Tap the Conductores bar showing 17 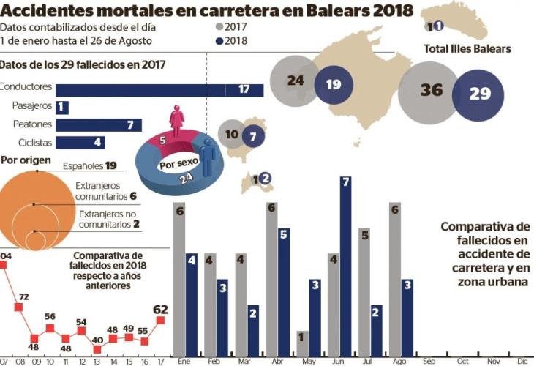click(x=159, y=89)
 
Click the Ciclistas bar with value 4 click(x=80, y=143)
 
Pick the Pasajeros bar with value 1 click(x=62, y=108)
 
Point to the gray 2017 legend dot click(x=219, y=28)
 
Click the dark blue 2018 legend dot click(x=219, y=41)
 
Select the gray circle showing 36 click(x=431, y=90)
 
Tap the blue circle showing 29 click(x=480, y=93)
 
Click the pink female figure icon click(x=177, y=122)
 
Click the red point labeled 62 click(x=160, y=320)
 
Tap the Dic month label click(x=522, y=361)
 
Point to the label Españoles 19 click(x=90, y=165)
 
